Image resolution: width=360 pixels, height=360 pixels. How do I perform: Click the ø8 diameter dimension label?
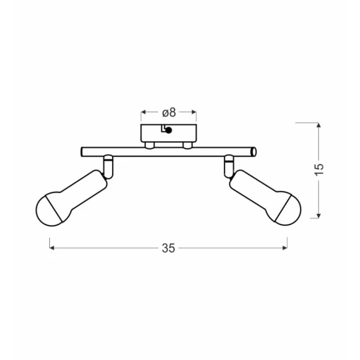click(169, 113)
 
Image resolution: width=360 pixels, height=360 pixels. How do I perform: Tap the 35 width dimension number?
click(168, 248)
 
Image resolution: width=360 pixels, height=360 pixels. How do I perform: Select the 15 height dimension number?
click(319, 170)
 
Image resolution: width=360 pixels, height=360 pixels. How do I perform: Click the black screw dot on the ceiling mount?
click(169, 130)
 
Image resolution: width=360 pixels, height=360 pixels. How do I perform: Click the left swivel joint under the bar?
click(108, 167)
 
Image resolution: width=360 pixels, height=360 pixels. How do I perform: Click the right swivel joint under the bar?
click(229, 166)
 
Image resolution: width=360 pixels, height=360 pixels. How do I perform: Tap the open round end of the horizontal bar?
click(254, 152)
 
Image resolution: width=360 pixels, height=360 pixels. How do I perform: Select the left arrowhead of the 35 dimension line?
click(52, 248)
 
